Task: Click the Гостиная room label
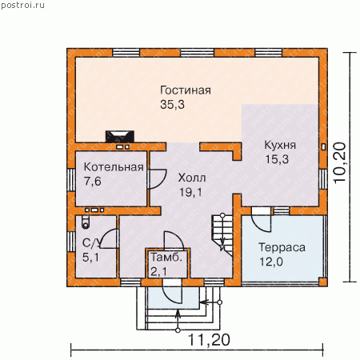coord(186,90)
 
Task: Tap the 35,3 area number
coord(172,105)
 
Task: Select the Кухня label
coord(280,145)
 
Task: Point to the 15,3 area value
coord(277,159)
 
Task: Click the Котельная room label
coord(114,167)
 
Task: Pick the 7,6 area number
coord(93,182)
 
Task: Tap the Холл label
coord(192,178)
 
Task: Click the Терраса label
coord(282,248)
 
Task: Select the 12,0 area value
coord(271,262)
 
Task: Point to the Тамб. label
coord(166,258)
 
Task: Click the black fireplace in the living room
coord(120,137)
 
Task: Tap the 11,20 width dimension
coord(209,340)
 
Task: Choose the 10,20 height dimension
coord(340,162)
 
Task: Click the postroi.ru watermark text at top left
coord(22,6)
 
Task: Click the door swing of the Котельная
coord(158,178)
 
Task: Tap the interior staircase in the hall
coord(222,234)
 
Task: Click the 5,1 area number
coord(90,258)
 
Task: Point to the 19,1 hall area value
coord(190,192)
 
